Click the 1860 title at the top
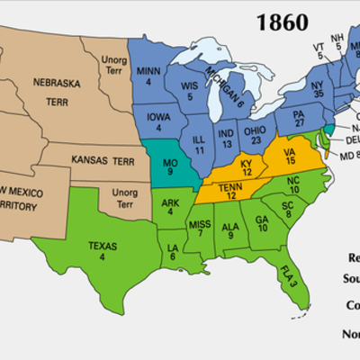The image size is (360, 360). (282, 21)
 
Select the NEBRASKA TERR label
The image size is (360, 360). (62, 86)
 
